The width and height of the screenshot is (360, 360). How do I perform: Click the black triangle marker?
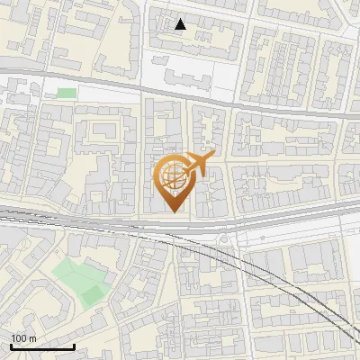[181, 24]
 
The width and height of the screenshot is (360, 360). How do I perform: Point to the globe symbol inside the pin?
[172, 177]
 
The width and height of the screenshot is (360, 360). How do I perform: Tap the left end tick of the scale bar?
[11, 346]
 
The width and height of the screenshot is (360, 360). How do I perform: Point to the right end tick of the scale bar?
[74, 346]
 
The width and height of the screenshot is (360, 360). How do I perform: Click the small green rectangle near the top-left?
[67, 93]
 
